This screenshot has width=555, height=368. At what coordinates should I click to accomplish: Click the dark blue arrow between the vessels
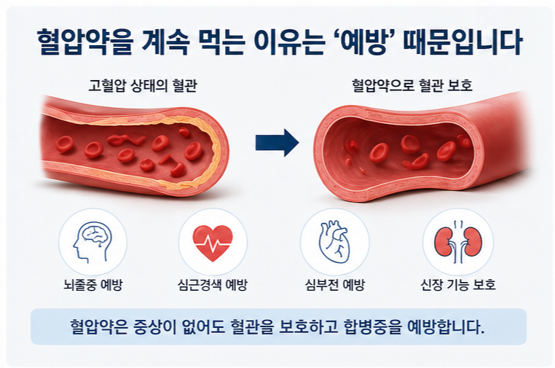coord(277,142)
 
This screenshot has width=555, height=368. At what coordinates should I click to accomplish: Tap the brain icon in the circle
coord(92,241)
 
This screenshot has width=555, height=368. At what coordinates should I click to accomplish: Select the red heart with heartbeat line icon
coord(213,241)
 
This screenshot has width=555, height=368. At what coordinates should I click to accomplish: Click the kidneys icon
coord(457,241)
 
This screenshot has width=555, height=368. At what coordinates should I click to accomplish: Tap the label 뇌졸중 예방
coord(92,285)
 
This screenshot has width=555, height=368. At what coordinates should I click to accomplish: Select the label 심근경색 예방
coord(213,285)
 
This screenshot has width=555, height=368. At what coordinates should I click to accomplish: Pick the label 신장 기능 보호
coord(458,285)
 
